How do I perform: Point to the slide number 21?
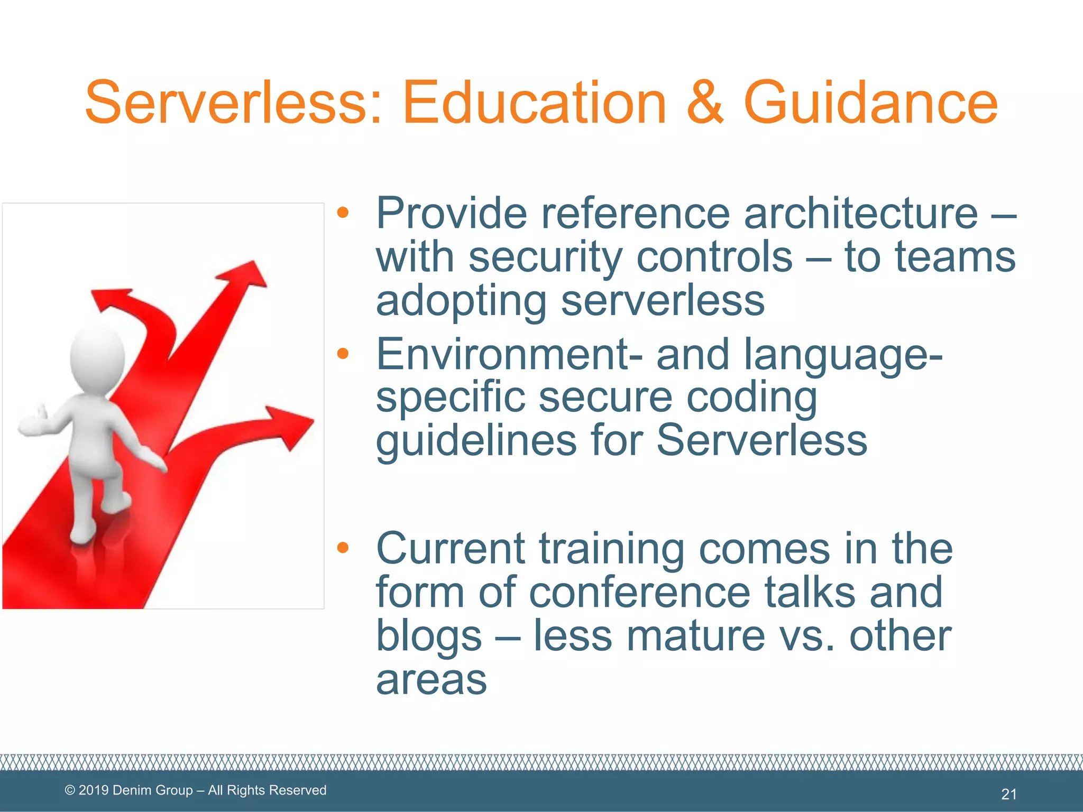click(x=1009, y=793)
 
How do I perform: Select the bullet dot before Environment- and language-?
click(x=343, y=353)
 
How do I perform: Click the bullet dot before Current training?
click(x=343, y=547)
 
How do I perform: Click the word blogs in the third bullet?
click(x=429, y=635)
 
